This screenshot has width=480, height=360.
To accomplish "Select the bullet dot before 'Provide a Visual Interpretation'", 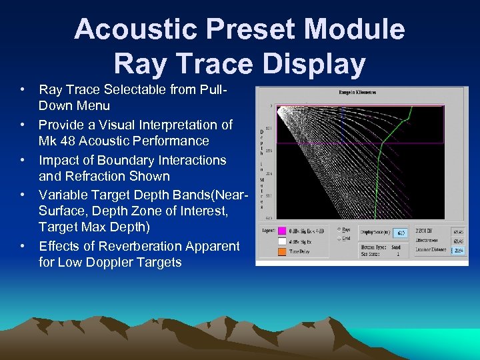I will coord(23,125).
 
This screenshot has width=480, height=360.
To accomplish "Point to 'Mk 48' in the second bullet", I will coord(57,141).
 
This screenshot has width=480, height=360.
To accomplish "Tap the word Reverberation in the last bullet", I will coord(135,246).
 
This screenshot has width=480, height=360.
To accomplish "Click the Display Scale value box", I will coord(399,233).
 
